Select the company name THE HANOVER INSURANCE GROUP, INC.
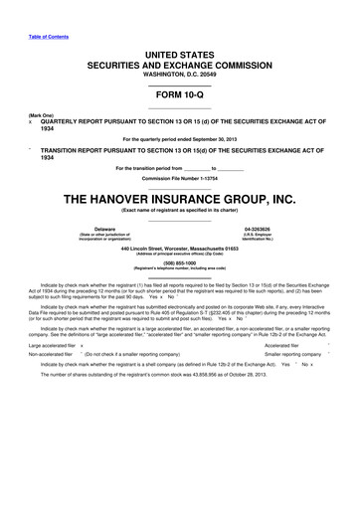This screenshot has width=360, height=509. pos(179,198)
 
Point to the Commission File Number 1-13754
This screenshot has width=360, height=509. pos(179,178)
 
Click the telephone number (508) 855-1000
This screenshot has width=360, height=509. pos(179,263)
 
